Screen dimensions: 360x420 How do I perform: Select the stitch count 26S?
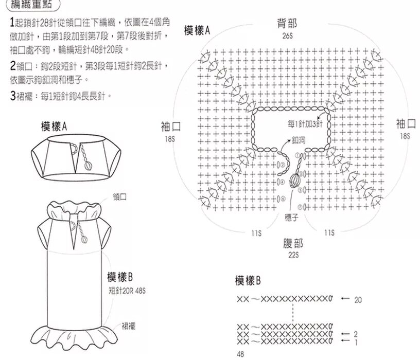point(287,36)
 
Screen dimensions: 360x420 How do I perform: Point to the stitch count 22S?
point(293,255)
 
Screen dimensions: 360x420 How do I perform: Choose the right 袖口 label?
point(406,123)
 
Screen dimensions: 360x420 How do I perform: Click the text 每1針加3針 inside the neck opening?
point(305,124)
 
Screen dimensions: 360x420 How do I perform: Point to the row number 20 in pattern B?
point(358,299)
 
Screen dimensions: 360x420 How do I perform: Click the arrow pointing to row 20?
point(345,299)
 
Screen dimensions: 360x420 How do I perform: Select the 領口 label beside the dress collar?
point(119,197)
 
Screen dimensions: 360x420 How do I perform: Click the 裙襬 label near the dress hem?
point(129,326)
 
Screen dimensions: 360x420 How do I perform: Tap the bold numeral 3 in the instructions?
point(13,96)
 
